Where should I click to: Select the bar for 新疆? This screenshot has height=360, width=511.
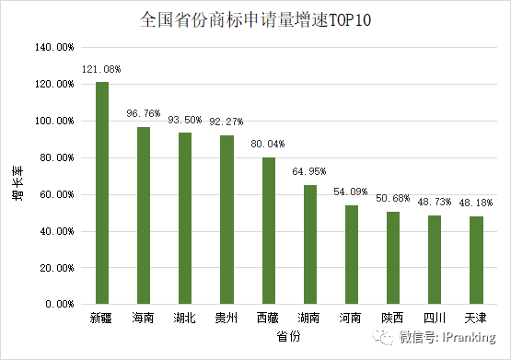coord(101,193)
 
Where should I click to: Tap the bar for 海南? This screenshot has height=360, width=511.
coord(144,215)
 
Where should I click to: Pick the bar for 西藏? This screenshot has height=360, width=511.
coord(269,230)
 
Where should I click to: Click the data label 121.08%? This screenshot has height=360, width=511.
coord(101,69)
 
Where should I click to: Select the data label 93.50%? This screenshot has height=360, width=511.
coord(185,120)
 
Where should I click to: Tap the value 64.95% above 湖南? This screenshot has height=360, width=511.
coord(309,172)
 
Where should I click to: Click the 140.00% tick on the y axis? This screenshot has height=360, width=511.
coord(53,47)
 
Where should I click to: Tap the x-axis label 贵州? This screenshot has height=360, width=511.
coord(226,319)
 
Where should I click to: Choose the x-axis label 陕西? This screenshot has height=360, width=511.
coord(393,319)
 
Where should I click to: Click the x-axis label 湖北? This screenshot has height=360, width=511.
coord(185,319)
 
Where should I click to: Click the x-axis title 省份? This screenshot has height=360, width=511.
coord(289,338)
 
